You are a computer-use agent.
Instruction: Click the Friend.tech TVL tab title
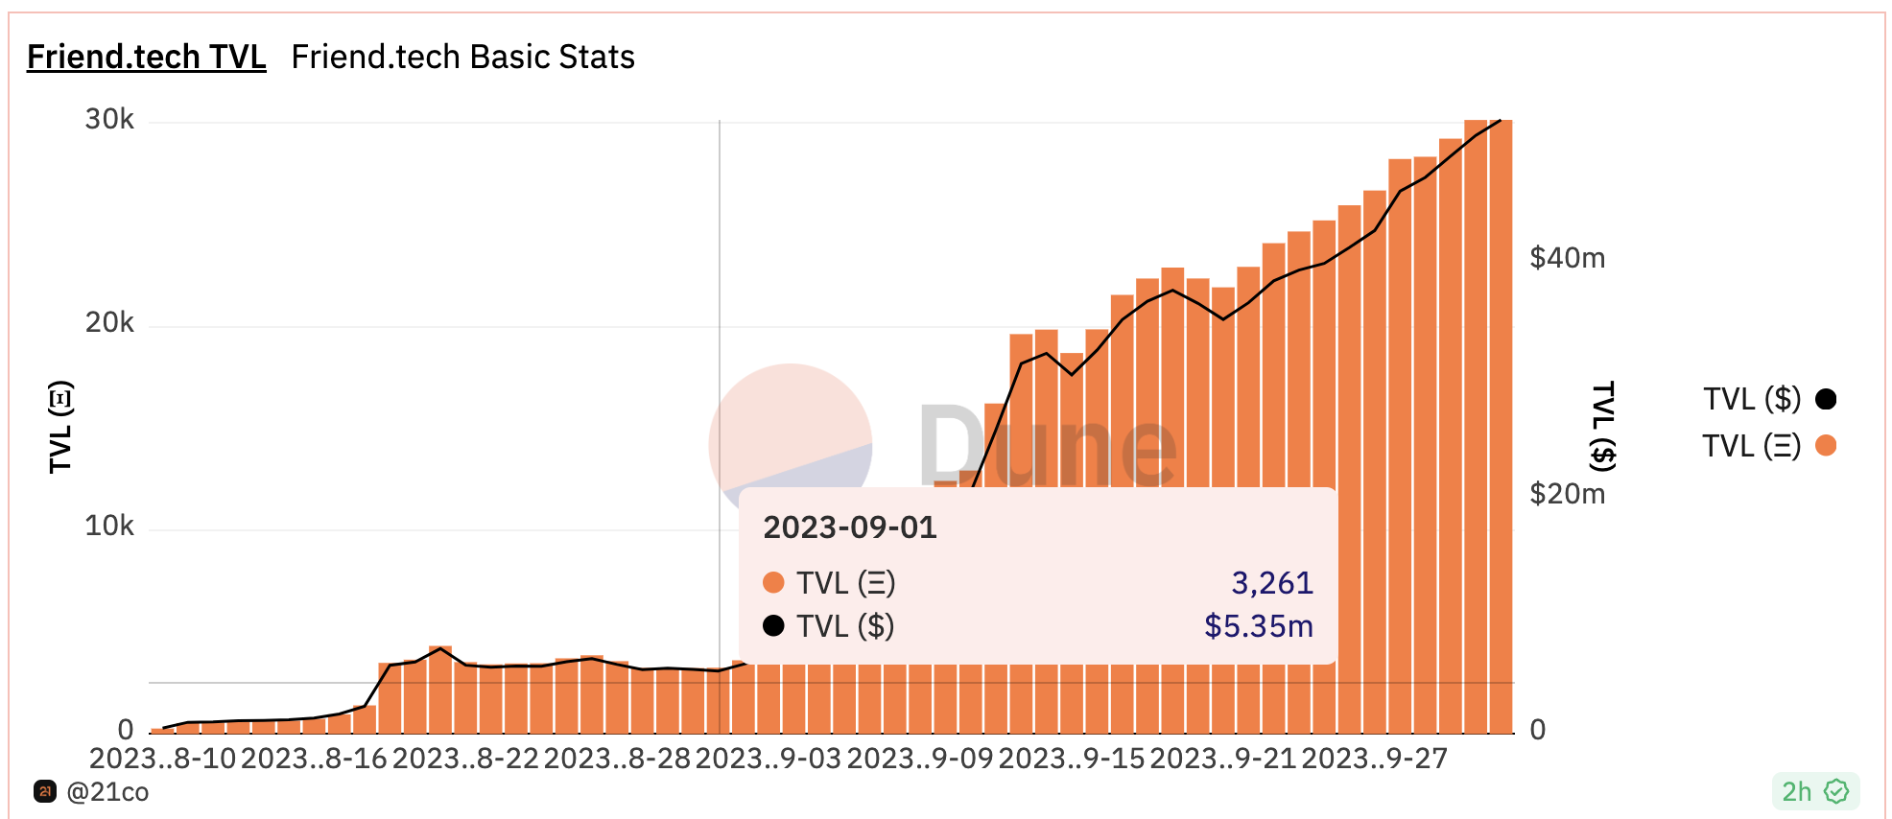pyautogui.click(x=146, y=58)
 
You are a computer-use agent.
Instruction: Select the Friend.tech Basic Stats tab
pyautogui.click(x=462, y=58)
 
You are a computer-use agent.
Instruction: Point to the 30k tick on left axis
pyautogui.click(x=109, y=120)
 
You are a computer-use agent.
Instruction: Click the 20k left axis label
pyautogui.click(x=109, y=323)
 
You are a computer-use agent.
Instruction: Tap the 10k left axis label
pyautogui.click(x=109, y=526)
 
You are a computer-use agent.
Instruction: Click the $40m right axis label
pyautogui.click(x=1567, y=258)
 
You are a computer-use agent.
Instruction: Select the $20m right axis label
pyautogui.click(x=1567, y=494)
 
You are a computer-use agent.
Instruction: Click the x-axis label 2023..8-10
pyautogui.click(x=162, y=759)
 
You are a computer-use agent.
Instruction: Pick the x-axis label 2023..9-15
pyautogui.click(x=1072, y=759)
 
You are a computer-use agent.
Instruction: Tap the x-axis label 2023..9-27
pyautogui.click(x=1374, y=759)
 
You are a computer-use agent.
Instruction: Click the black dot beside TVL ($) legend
pyautogui.click(x=1826, y=399)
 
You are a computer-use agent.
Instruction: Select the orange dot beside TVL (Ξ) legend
pyautogui.click(x=1826, y=446)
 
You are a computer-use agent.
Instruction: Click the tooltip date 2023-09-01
pyautogui.click(x=849, y=527)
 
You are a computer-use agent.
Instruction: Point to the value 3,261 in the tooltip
pyautogui.click(x=1271, y=583)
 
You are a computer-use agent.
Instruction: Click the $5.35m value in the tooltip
pyautogui.click(x=1258, y=626)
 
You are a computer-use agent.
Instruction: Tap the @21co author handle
pyautogui.click(x=106, y=792)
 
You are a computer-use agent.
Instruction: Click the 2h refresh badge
pyautogui.click(x=1814, y=791)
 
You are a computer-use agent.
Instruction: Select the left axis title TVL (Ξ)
pyautogui.click(x=60, y=427)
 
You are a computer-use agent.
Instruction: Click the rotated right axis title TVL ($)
pyautogui.click(x=1603, y=427)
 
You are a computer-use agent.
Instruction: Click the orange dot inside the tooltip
pyautogui.click(x=773, y=583)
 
